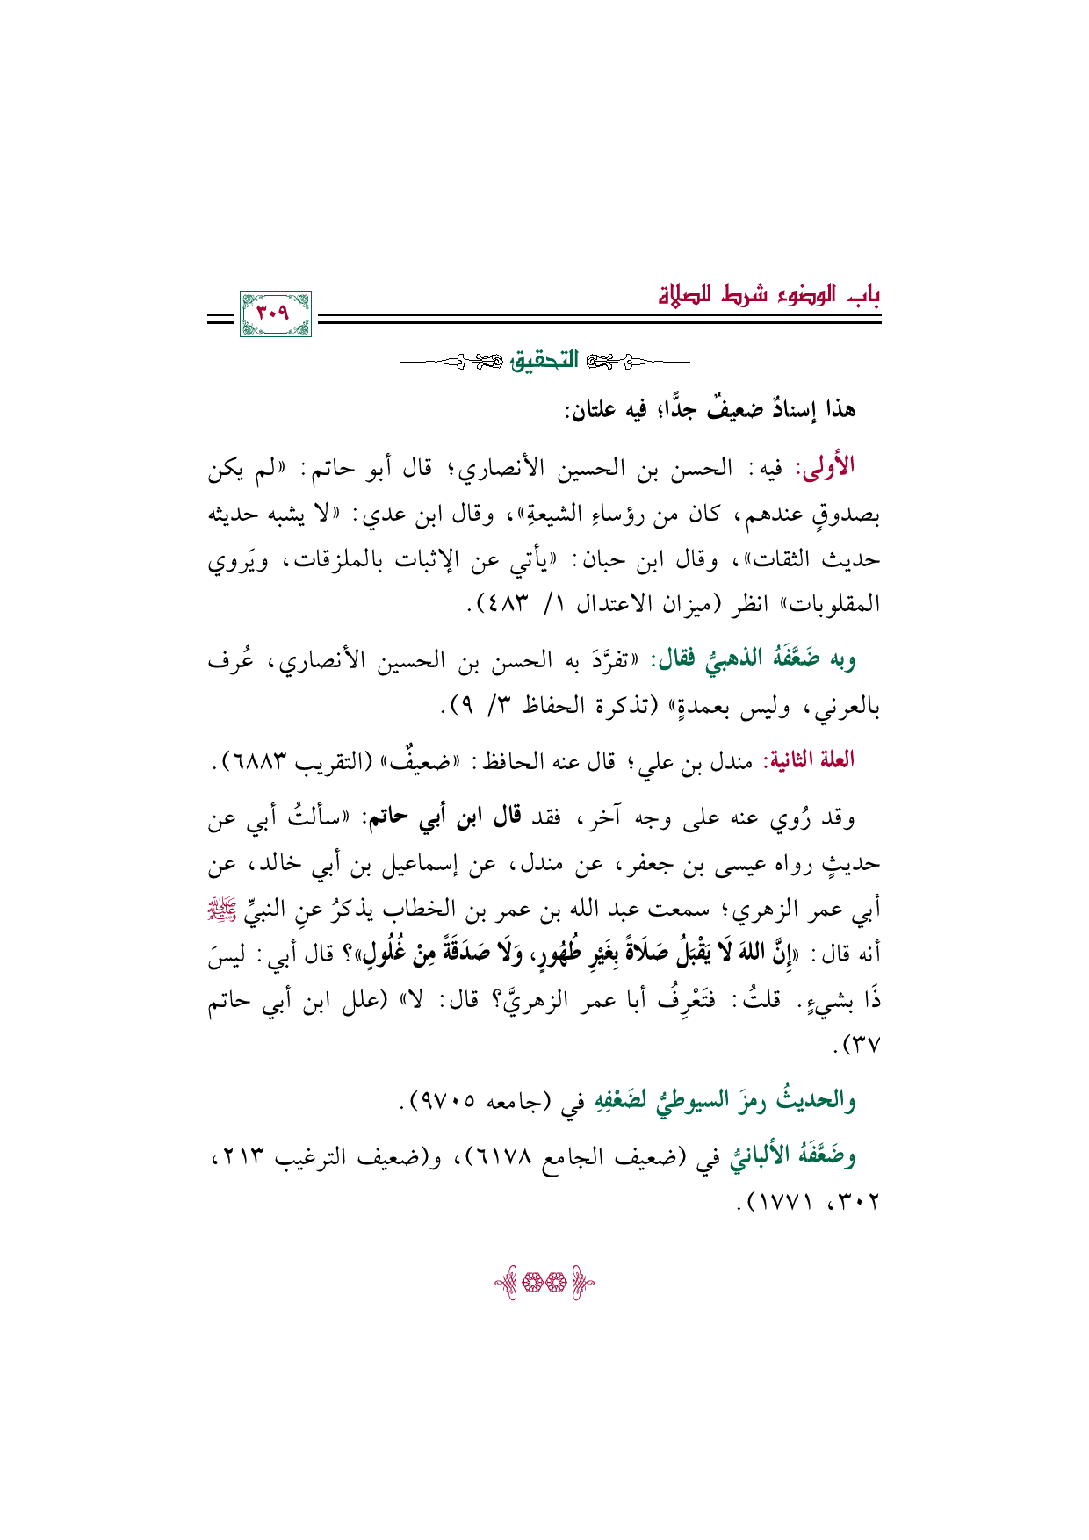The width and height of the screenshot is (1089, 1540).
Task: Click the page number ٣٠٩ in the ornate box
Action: [x=275, y=313]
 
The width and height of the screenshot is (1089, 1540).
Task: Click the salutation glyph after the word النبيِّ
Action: [x=869, y=909]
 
